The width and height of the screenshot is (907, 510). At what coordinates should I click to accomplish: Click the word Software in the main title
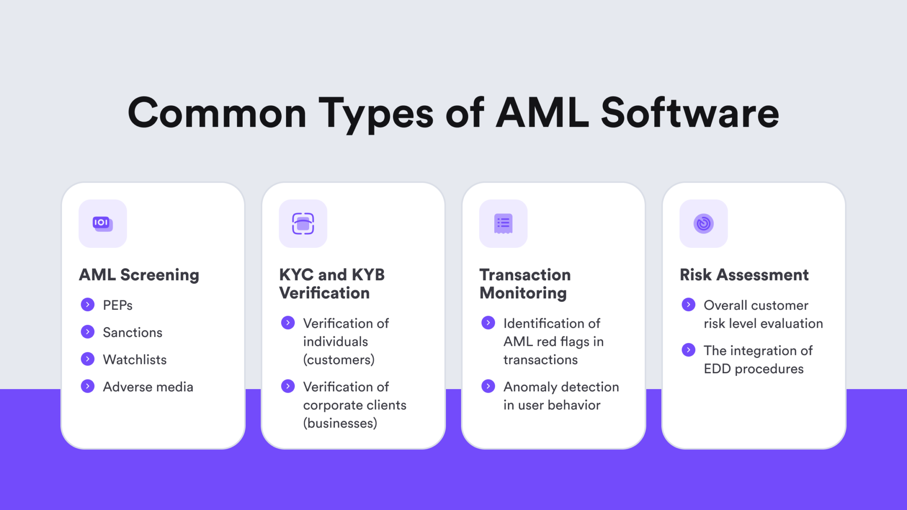coord(690,113)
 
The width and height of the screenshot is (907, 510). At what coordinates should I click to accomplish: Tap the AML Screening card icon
coord(103,224)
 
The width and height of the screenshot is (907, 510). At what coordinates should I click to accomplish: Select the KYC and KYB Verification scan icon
coord(303,224)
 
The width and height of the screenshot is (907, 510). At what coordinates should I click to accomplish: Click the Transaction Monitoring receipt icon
coord(503,224)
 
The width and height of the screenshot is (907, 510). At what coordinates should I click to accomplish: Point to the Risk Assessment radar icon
coord(703,224)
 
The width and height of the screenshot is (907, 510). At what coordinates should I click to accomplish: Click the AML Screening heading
coord(139,275)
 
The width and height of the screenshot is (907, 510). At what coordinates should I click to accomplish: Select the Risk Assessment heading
coord(744,275)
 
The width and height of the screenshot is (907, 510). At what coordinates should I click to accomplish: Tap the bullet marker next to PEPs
coord(88,305)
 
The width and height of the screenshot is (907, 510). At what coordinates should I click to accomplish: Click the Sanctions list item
coord(132,332)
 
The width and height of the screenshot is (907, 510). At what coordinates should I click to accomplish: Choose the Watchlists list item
coord(135,359)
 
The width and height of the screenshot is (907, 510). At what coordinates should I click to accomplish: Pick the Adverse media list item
coord(148,387)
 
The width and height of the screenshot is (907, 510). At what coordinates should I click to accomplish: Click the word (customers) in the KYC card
coord(339,360)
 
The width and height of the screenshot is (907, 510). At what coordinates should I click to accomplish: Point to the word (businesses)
coord(340,423)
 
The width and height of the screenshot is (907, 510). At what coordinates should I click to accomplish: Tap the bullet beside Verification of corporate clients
coord(288,386)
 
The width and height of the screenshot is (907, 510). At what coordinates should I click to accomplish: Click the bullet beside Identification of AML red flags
coord(488,323)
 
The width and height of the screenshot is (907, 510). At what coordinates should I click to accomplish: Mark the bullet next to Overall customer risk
coord(688,305)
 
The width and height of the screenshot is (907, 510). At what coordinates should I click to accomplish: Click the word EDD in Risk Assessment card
coord(717,369)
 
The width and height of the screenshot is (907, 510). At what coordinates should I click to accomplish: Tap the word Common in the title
coord(217,113)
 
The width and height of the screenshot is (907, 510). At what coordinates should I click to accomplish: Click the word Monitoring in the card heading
coord(523,293)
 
